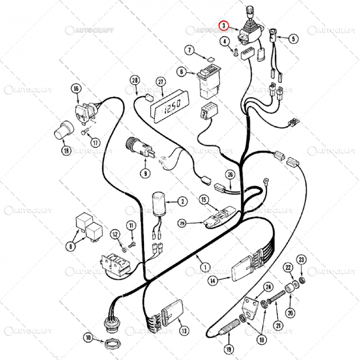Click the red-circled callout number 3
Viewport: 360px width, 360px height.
tap(223, 25)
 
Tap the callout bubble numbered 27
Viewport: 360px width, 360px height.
tap(160, 82)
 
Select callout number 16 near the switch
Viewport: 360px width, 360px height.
tap(76, 89)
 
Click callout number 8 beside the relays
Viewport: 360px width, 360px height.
tap(69, 246)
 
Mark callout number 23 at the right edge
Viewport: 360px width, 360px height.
tap(302, 259)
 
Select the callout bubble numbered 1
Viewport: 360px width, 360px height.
tap(205, 267)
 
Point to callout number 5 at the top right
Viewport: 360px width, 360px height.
tap(293, 38)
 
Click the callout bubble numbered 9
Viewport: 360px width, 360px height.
tap(146, 173)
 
